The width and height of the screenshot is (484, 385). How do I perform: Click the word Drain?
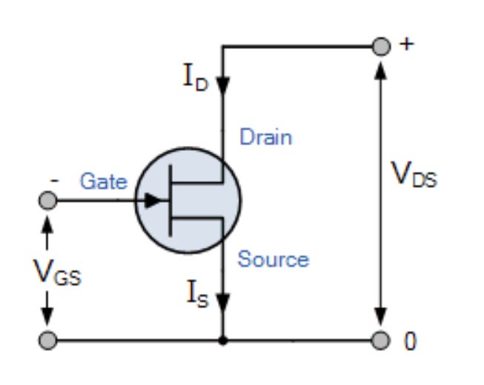265,137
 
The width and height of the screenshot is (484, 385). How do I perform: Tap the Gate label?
103,181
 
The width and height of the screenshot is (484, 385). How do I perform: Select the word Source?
273,259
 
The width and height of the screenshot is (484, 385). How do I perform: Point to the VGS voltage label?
57,275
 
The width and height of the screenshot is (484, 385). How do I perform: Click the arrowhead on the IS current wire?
222,301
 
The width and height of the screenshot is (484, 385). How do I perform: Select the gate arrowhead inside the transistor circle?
153,200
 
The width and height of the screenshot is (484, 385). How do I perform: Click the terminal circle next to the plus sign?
380,47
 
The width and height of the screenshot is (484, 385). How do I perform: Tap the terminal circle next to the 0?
380,341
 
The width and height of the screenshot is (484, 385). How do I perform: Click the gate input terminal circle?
47,200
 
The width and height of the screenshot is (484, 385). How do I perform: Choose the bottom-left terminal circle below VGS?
47,341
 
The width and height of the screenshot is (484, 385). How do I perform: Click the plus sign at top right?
405,44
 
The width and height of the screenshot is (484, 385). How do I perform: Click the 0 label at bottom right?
410,341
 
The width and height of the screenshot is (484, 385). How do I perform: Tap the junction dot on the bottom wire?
222,341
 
